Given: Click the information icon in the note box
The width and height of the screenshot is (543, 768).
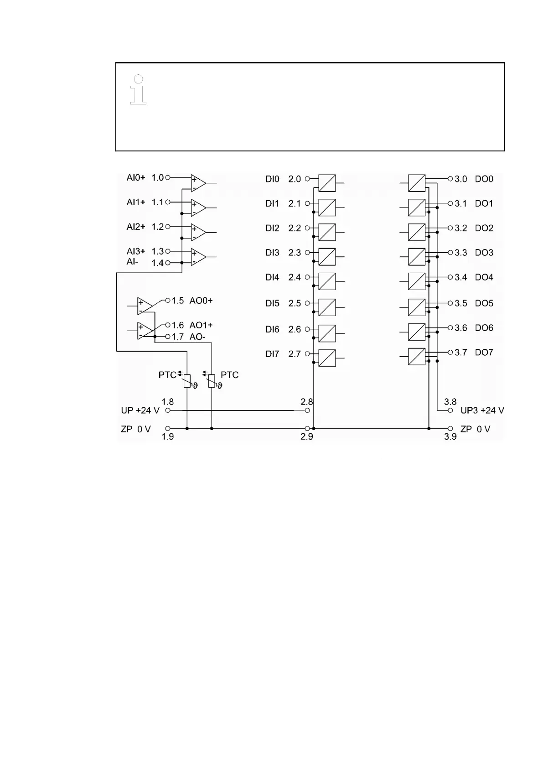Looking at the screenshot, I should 138,89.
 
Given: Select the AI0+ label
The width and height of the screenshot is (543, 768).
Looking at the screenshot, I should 135,177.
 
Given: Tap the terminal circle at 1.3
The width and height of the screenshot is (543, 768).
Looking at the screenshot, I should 168,251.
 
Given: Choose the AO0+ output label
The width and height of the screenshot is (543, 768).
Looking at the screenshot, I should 201,301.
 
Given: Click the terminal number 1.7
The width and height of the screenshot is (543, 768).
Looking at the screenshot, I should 177,337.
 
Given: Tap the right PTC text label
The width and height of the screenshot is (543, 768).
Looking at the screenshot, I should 229,375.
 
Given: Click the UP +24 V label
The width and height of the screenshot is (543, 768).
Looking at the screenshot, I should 140,410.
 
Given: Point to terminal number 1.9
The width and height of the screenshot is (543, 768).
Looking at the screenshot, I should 168,437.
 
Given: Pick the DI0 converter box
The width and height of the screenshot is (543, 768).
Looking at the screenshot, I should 327,183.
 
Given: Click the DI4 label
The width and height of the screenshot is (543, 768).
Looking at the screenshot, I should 272,277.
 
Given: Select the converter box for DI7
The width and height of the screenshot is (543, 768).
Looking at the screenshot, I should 327,358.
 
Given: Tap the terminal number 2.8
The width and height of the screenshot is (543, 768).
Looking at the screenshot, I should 306,402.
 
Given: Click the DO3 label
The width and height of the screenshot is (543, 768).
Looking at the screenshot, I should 484,253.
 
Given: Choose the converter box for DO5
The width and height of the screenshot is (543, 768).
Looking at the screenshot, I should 417,307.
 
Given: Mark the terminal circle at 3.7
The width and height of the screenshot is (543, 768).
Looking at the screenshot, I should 450,353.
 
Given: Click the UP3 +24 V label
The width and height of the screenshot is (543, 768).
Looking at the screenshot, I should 482,410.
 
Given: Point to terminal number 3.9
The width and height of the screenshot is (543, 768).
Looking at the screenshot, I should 450,437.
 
